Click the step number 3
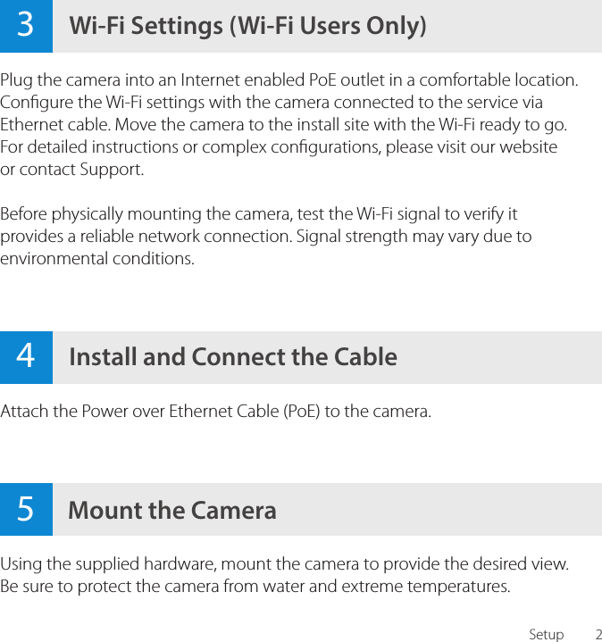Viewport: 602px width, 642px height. pyautogui.click(x=25, y=25)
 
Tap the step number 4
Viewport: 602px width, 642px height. pyautogui.click(x=25, y=356)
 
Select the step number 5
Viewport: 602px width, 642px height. pyautogui.click(x=25, y=509)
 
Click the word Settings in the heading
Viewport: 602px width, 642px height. pyautogui.click(x=178, y=26)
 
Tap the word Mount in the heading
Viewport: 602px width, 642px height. pyautogui.click(x=105, y=510)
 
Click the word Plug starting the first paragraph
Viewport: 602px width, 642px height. pyautogui.click(x=16, y=80)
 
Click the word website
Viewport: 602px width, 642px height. pyautogui.click(x=527, y=146)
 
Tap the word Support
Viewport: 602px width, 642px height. pyautogui.click(x=110, y=169)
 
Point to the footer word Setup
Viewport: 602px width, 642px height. pyautogui.click(x=546, y=635)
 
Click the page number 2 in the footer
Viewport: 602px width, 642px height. pyautogui.click(x=598, y=635)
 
